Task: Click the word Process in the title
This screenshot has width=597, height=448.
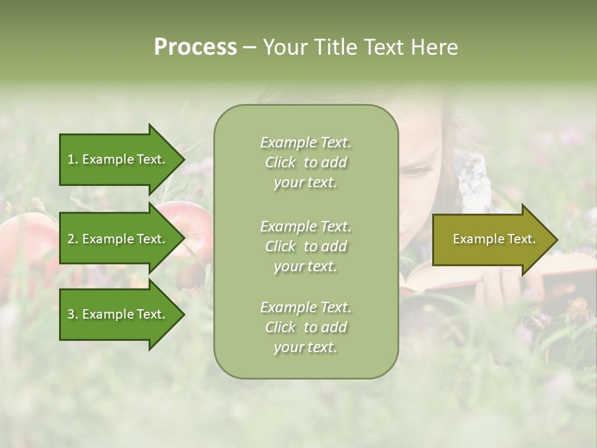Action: pyautogui.click(x=195, y=47)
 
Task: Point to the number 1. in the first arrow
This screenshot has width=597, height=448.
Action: pyautogui.click(x=72, y=159)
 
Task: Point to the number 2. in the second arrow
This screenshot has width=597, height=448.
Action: pyautogui.click(x=73, y=239)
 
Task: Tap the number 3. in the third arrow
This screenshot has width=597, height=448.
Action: pyautogui.click(x=73, y=314)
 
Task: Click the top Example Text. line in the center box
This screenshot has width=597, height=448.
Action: pyautogui.click(x=305, y=142)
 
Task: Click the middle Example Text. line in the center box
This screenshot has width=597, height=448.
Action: pyautogui.click(x=305, y=226)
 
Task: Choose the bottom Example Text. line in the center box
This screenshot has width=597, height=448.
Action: pyautogui.click(x=305, y=307)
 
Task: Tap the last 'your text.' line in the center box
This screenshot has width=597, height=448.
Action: pyautogui.click(x=305, y=347)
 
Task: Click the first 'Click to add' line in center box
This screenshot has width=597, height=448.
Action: pyautogui.click(x=305, y=162)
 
